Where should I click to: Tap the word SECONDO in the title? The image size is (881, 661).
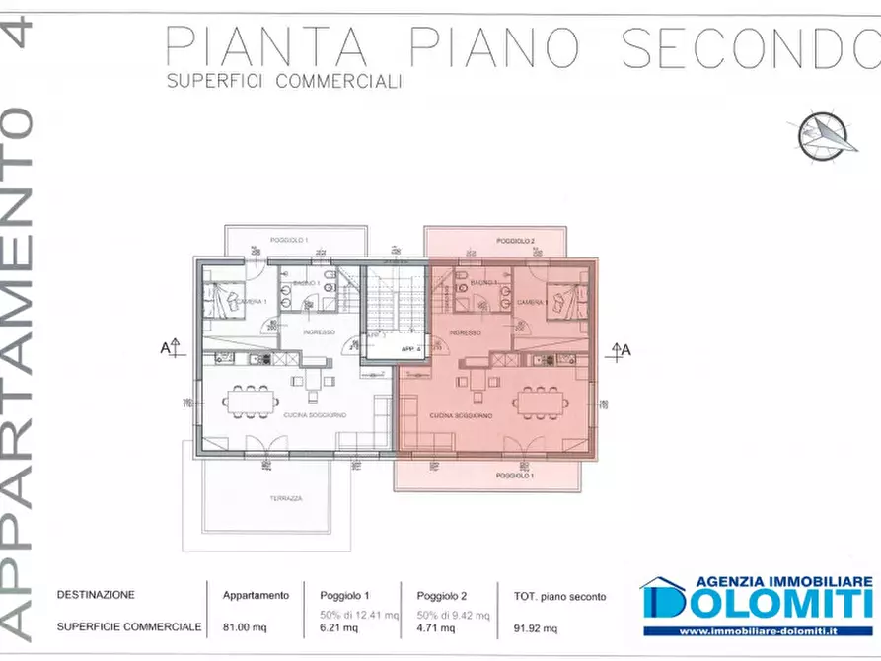click(x=749, y=47)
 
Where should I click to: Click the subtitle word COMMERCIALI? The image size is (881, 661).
click(x=338, y=83)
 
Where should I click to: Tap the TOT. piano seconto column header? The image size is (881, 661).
click(x=559, y=595)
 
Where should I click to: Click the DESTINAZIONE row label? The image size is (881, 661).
click(x=96, y=595)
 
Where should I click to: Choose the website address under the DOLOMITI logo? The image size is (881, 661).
click(x=758, y=631)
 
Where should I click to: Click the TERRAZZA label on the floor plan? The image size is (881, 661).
click(x=285, y=499)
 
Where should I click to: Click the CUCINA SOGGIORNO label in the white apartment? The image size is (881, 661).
click(x=315, y=416)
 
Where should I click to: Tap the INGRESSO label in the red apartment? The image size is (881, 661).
click(x=465, y=332)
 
